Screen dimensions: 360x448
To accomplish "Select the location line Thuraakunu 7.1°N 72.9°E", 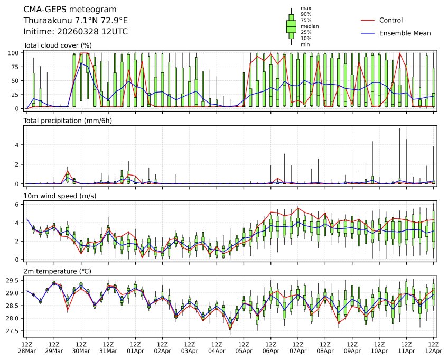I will click(76, 21).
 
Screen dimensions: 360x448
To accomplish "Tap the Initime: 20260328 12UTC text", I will click(76, 32).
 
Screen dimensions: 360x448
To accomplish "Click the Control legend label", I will click(391, 20).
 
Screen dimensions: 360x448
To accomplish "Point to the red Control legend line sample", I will click(368, 20).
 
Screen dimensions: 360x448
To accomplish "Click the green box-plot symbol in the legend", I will click(291, 26).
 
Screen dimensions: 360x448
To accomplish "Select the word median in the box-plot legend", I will click(310, 26).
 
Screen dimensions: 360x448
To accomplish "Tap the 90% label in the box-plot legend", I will click(306, 14).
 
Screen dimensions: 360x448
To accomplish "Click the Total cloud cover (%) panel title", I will click(58, 45).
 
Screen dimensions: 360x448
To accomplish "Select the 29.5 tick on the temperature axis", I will click(14, 280).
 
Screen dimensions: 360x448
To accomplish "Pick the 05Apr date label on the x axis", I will click(244, 350).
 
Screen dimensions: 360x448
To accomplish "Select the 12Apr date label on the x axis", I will click(434, 350).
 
